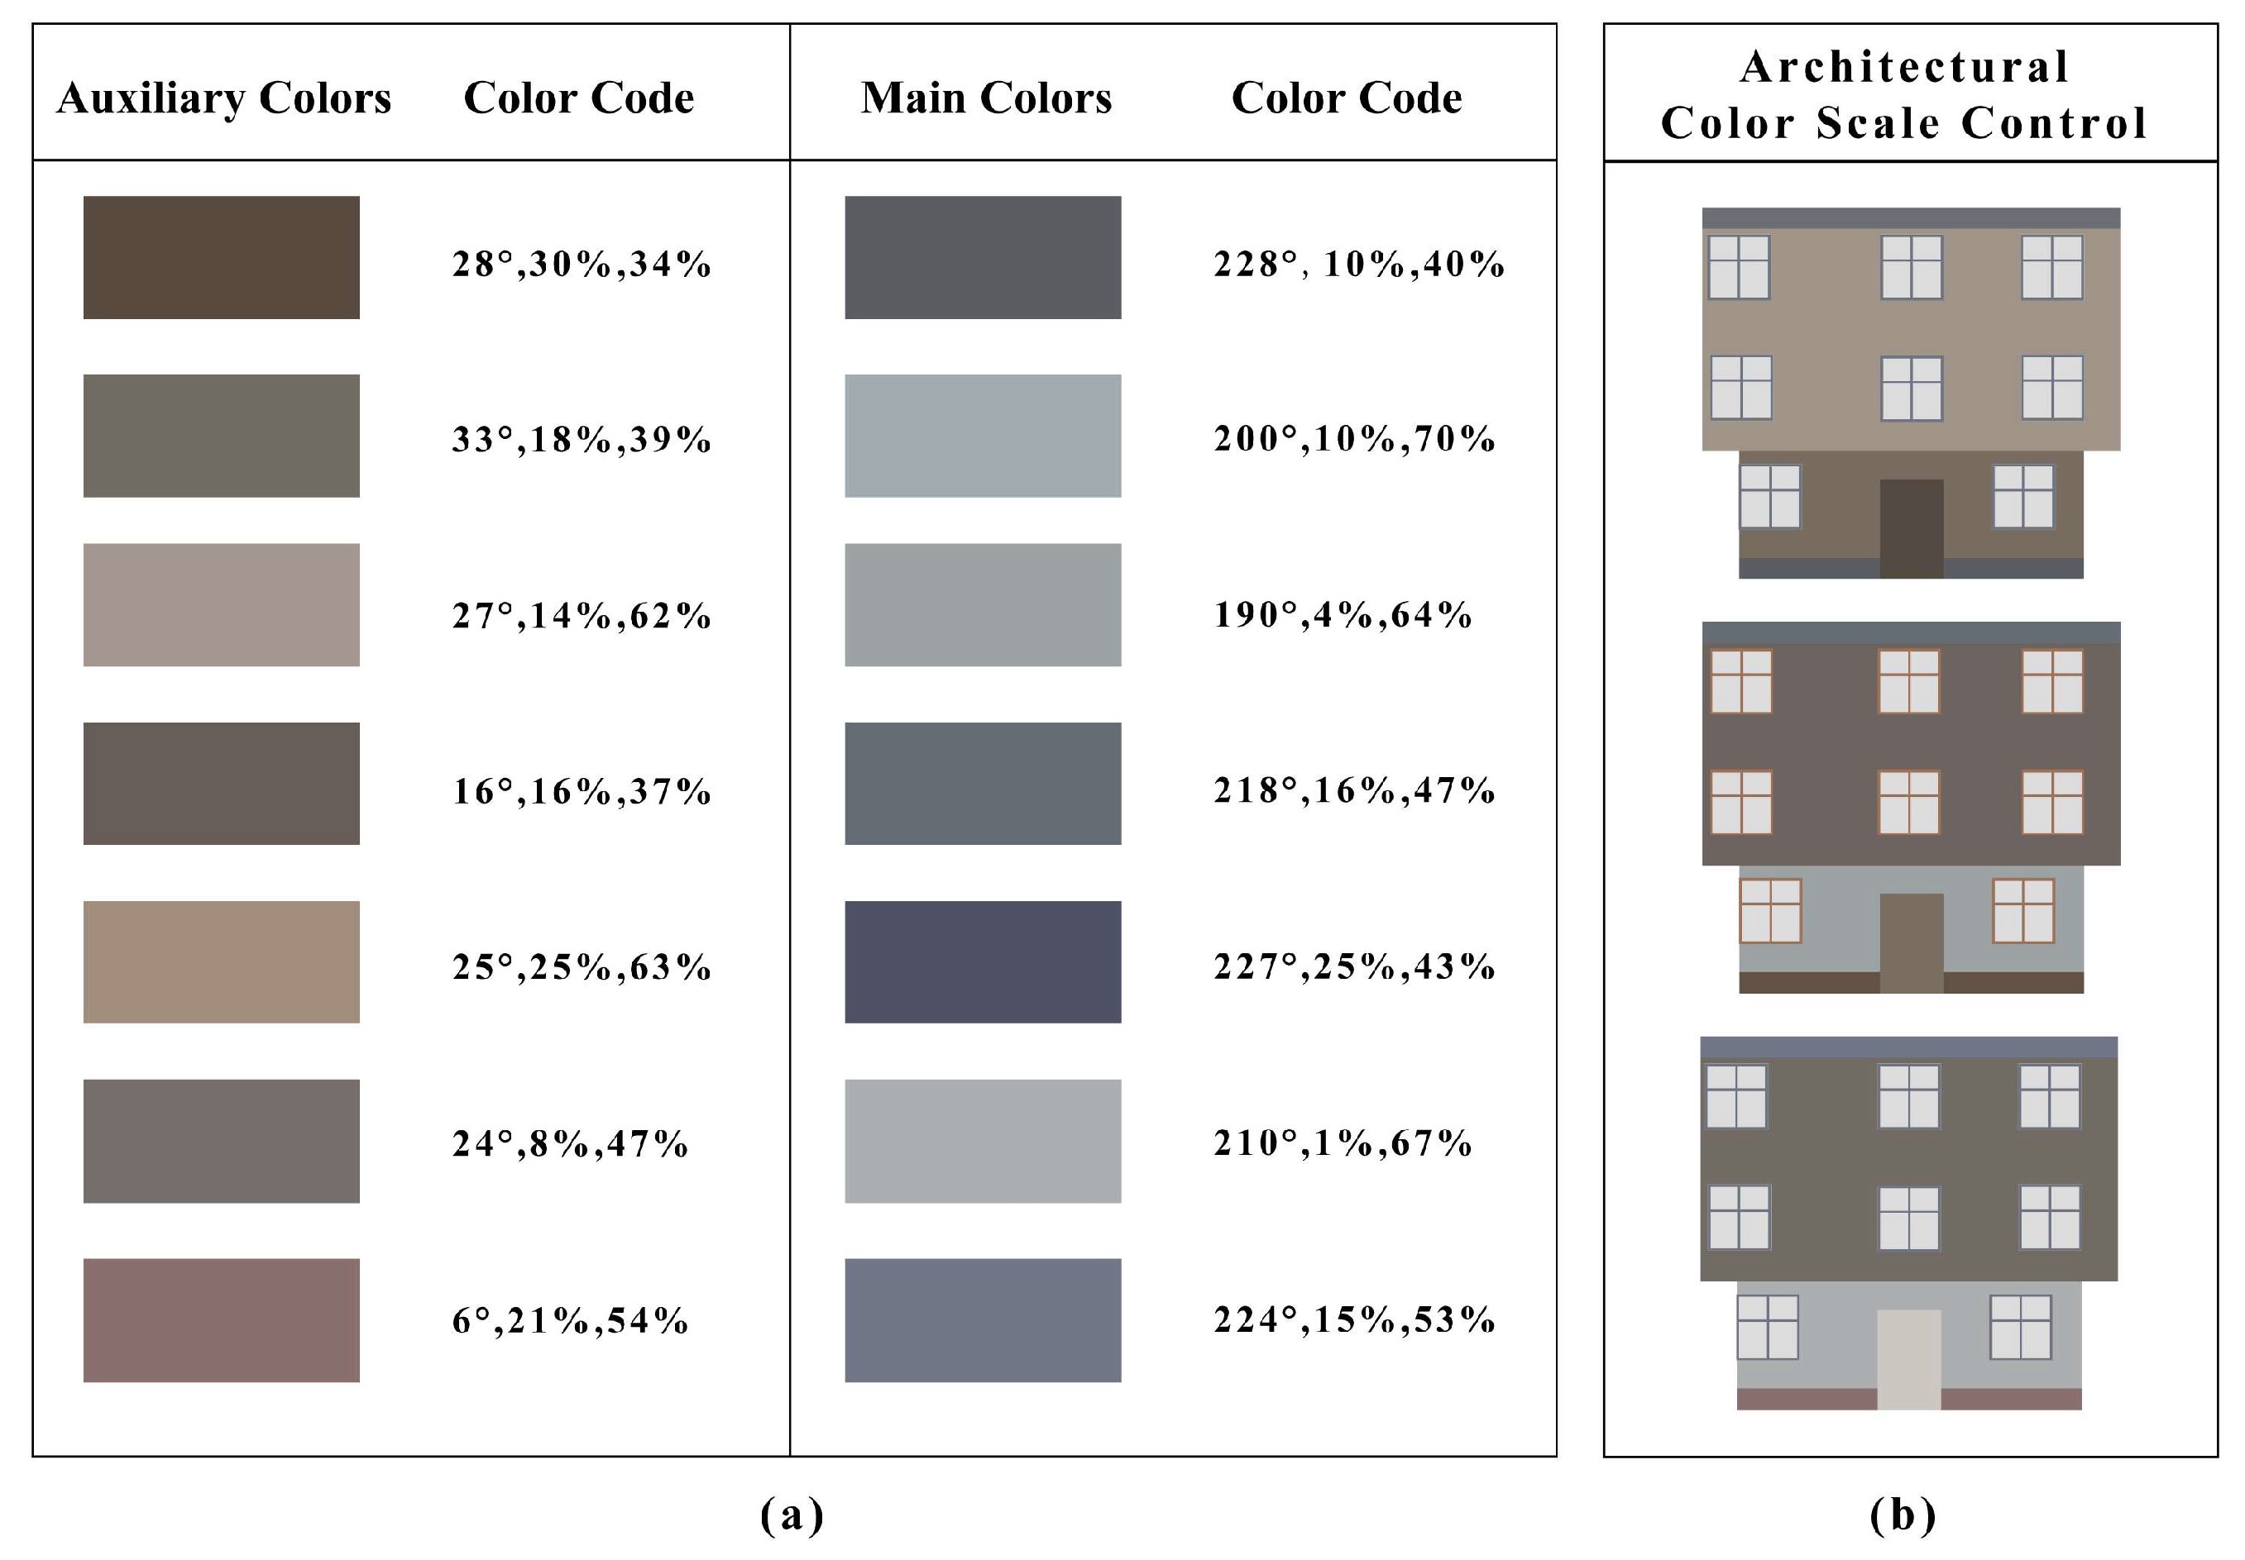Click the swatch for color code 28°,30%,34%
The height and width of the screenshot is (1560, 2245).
pyautogui.click(x=221, y=257)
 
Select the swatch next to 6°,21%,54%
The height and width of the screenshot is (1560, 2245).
pyautogui.click(x=221, y=1319)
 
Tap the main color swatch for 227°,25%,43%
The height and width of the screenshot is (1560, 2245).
pyautogui.click(x=983, y=961)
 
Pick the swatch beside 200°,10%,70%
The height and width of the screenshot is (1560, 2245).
pyautogui.click(x=983, y=436)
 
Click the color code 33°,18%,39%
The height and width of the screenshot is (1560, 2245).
pyautogui.click(x=582, y=440)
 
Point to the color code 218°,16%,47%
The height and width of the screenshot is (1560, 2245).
pyautogui.click(x=1354, y=791)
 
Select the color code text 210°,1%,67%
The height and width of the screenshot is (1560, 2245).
pyautogui.click(x=1343, y=1143)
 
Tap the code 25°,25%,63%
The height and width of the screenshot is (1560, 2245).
pyautogui.click(x=582, y=966)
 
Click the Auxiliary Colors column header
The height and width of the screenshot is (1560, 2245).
pyautogui.click(x=224, y=98)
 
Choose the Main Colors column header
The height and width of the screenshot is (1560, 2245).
pyautogui.click(x=986, y=98)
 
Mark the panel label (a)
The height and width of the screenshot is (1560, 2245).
pyautogui.click(x=792, y=1515)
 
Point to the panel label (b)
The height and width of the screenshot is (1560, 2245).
pyautogui.click(x=1903, y=1515)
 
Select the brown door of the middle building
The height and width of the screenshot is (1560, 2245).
pyautogui.click(x=1911, y=942)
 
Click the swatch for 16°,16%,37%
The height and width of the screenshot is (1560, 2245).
pyautogui.click(x=221, y=783)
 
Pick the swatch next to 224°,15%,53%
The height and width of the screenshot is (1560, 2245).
pyautogui.click(x=983, y=1319)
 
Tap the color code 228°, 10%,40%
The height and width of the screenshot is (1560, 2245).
pyautogui.click(x=1358, y=264)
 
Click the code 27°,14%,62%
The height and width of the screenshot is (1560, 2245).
pyautogui.click(x=582, y=616)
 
